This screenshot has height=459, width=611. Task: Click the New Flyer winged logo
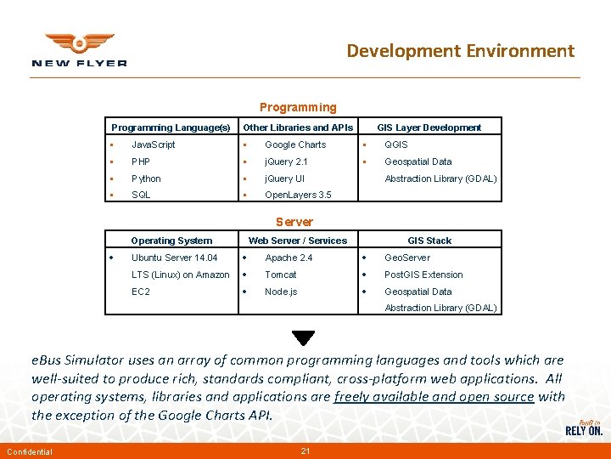click(x=79, y=49)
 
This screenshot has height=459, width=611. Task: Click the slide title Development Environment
click(x=460, y=51)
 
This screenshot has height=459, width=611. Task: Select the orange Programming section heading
click(x=298, y=107)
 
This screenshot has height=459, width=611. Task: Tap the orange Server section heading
click(x=294, y=222)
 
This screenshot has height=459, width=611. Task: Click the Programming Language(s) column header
click(x=171, y=127)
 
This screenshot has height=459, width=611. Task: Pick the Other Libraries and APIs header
click(x=298, y=127)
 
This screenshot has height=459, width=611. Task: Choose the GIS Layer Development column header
click(x=429, y=127)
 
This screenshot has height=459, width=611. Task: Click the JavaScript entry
click(x=154, y=144)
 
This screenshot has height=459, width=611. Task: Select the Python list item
click(x=146, y=178)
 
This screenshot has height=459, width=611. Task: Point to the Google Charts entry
click(x=294, y=144)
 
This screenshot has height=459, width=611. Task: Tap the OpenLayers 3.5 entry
click(x=298, y=195)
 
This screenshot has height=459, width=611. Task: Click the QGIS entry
click(x=396, y=144)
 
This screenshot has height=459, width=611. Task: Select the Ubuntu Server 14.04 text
click(x=174, y=258)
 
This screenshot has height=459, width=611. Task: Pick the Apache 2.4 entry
click(x=289, y=258)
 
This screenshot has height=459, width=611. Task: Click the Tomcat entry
click(x=280, y=275)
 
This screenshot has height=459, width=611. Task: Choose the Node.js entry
click(x=281, y=292)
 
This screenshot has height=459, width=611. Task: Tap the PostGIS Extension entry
click(x=423, y=275)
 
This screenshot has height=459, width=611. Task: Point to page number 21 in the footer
click(x=305, y=450)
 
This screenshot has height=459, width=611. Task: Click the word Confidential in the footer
click(x=29, y=451)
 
